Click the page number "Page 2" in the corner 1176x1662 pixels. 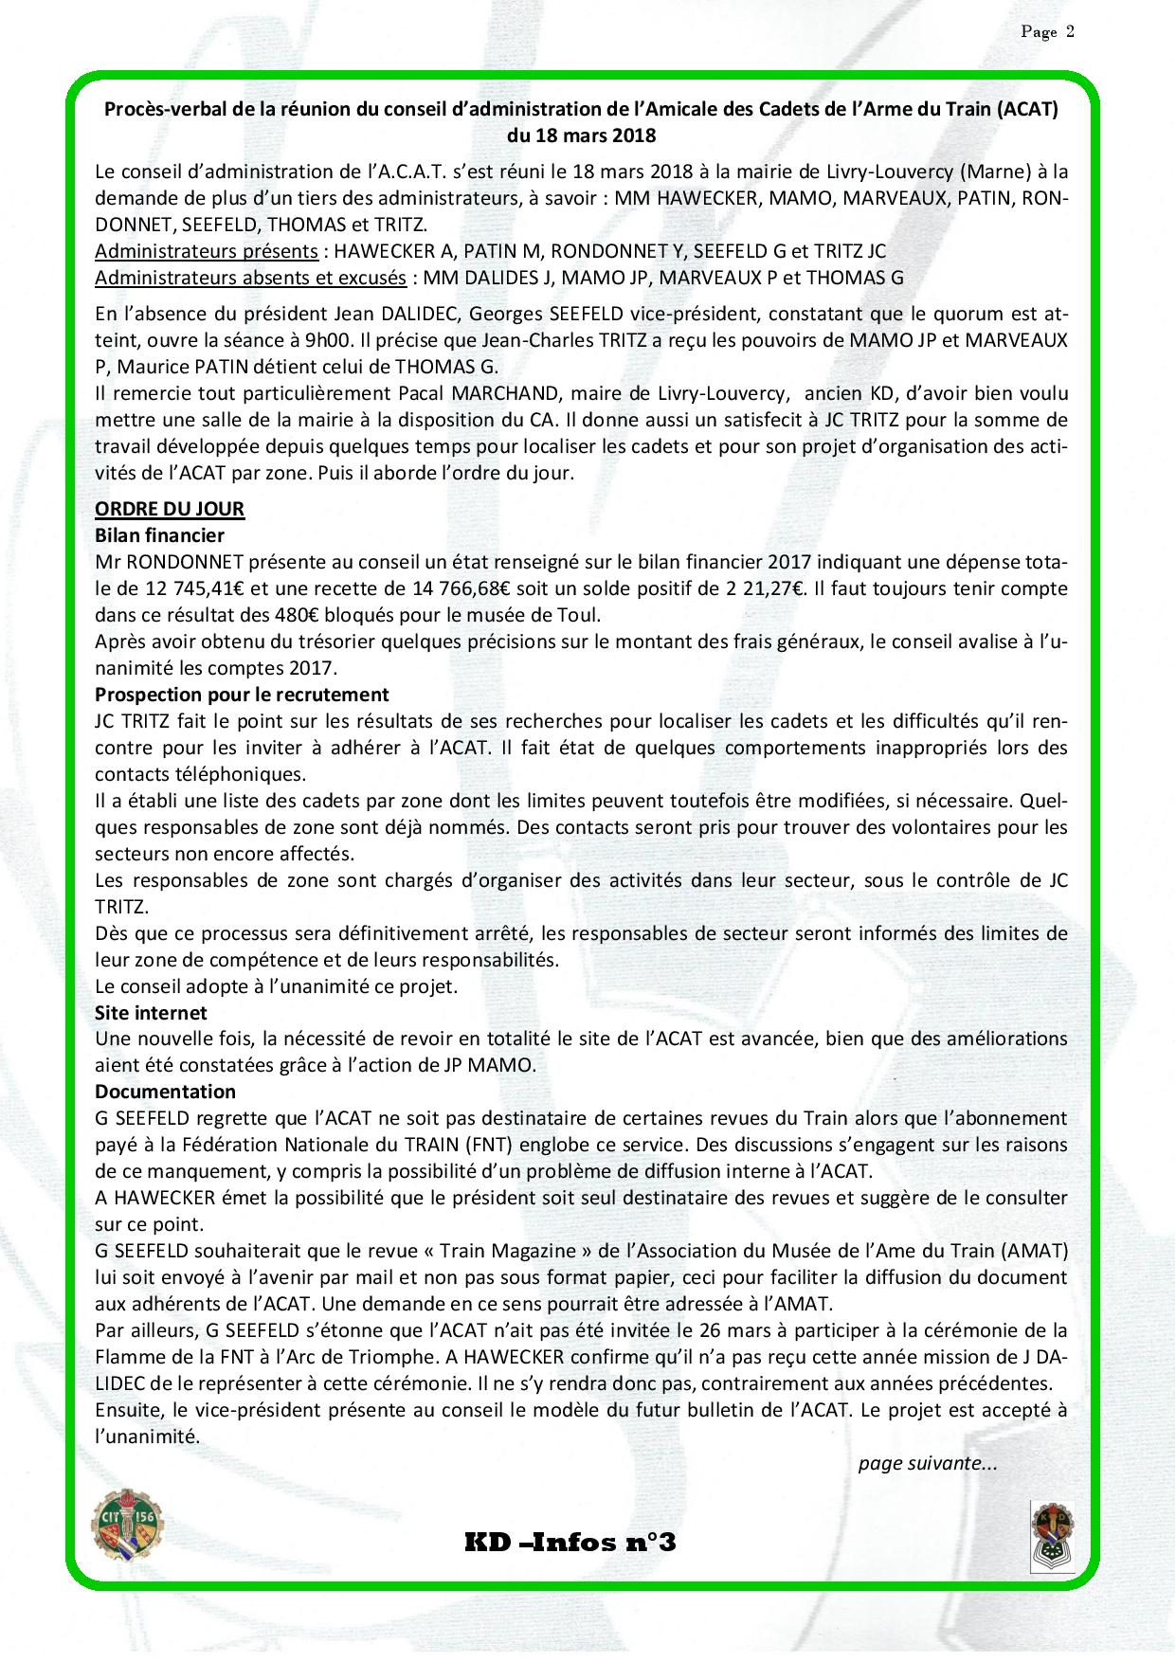tap(1047, 32)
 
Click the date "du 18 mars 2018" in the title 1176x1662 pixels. tap(581, 135)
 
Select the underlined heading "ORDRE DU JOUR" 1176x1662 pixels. tap(170, 509)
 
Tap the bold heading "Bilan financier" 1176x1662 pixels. tap(159, 535)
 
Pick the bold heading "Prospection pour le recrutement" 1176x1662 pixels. tap(242, 695)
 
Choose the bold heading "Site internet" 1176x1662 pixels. tap(151, 1013)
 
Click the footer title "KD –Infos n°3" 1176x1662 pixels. tap(570, 1543)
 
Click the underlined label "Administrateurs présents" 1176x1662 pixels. tap(207, 252)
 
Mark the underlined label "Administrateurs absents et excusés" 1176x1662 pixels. tap(250, 279)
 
